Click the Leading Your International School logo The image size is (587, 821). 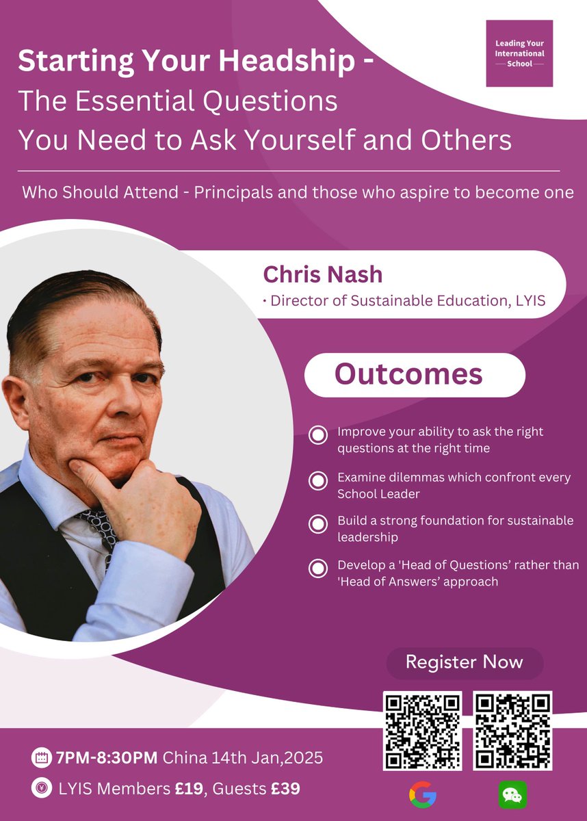point(519,53)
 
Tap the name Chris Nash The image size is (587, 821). point(323,275)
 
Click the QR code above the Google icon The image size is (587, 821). point(422,731)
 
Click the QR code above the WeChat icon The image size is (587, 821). point(512,731)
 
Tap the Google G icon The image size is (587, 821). point(422,795)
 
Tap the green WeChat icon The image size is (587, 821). point(512,795)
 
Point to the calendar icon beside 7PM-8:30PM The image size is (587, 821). point(40,758)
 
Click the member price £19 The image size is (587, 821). point(188,789)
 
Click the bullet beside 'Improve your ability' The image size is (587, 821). point(317,436)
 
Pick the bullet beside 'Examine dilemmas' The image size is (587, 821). point(317,481)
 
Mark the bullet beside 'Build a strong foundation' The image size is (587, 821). point(317,525)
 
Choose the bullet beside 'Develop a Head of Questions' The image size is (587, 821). point(317,569)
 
